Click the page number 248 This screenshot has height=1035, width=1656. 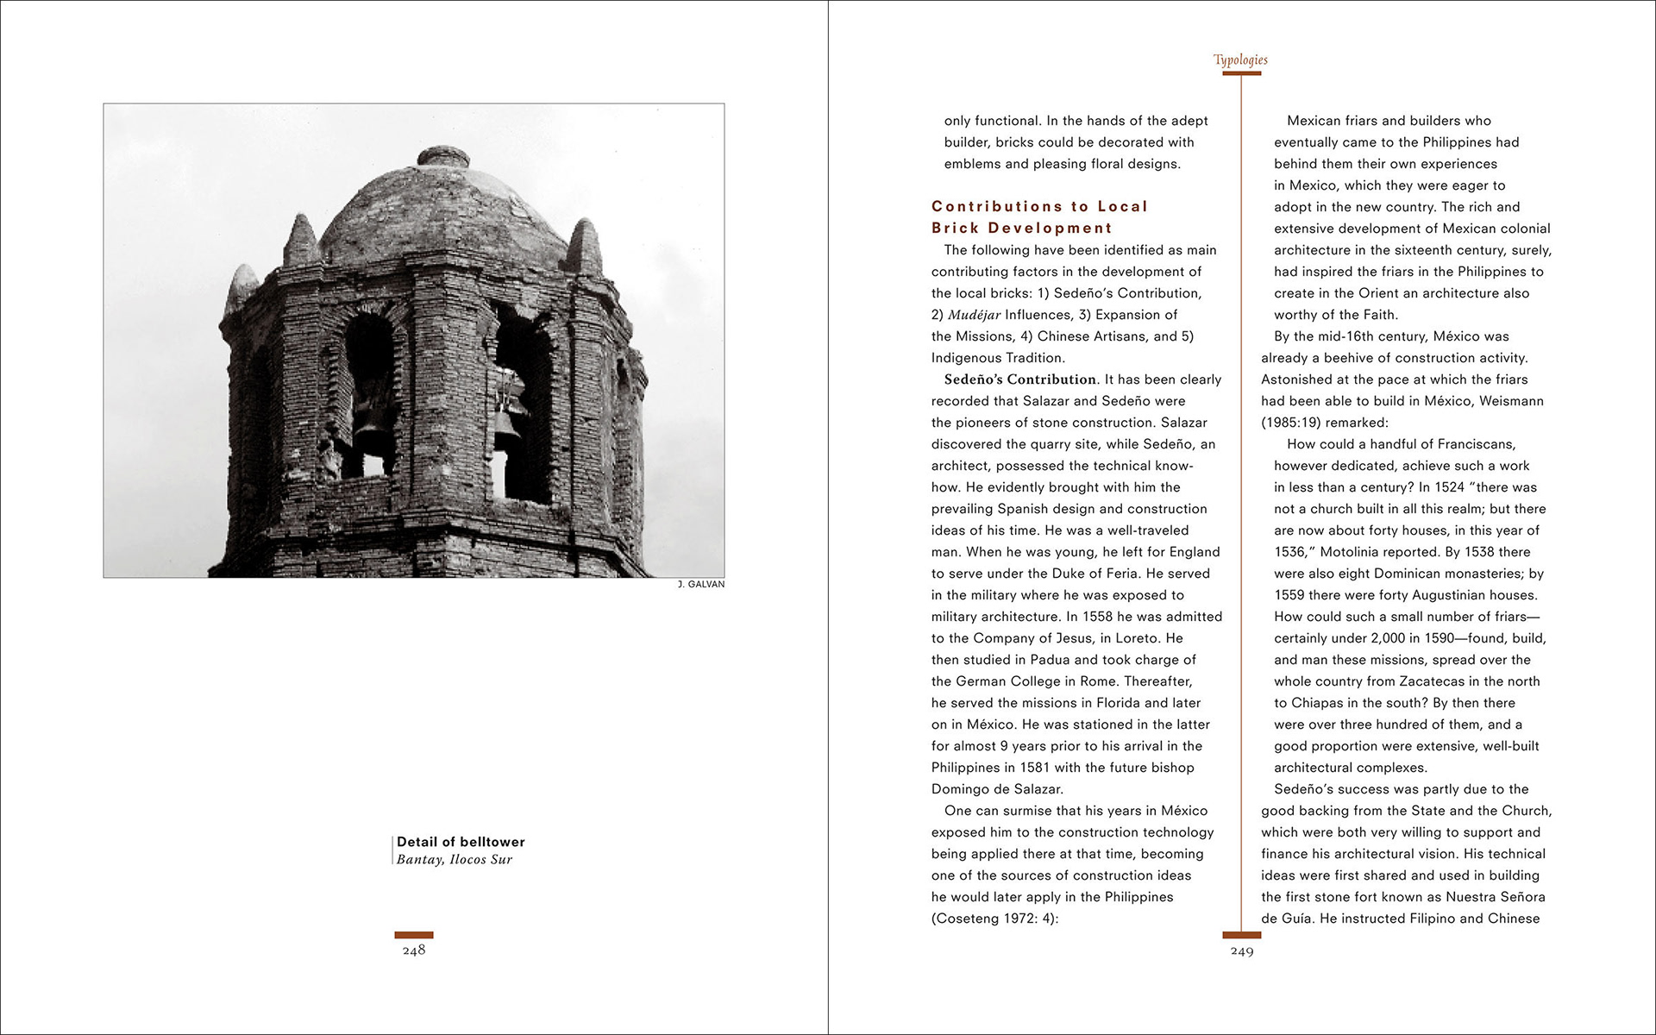click(x=414, y=950)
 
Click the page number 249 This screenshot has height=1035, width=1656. click(x=1242, y=951)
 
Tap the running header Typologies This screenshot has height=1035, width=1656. click(x=1240, y=60)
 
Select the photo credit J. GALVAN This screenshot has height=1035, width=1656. click(x=701, y=585)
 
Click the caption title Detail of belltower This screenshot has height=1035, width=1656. click(x=461, y=842)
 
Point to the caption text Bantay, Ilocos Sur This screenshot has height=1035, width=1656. click(x=455, y=860)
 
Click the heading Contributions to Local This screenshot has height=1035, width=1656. click(x=1039, y=207)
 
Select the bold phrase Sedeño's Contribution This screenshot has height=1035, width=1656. click(x=1020, y=379)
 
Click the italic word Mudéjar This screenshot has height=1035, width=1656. click(x=975, y=315)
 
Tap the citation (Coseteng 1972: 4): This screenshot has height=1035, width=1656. click(x=994, y=919)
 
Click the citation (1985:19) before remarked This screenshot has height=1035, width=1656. click(x=1290, y=423)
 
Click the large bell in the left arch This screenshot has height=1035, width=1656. click(x=371, y=423)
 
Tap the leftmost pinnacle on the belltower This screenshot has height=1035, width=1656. click(x=241, y=289)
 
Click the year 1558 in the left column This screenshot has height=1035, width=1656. click(x=1097, y=617)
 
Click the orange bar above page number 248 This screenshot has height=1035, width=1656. click(x=414, y=935)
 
